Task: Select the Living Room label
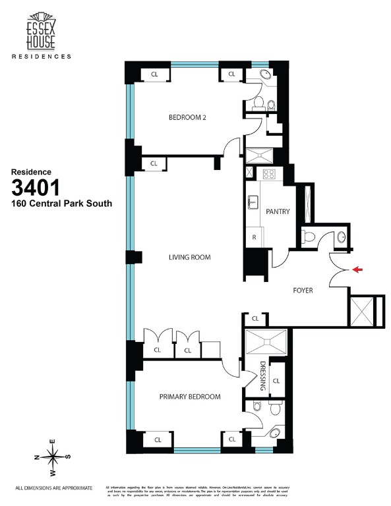(x=189, y=257)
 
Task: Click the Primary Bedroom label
(x=189, y=397)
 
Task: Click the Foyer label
(x=303, y=290)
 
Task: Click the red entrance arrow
(x=357, y=269)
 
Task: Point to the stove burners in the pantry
(x=269, y=175)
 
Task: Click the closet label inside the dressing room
(x=276, y=381)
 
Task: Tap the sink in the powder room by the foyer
(x=342, y=237)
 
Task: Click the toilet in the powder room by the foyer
(x=307, y=237)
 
